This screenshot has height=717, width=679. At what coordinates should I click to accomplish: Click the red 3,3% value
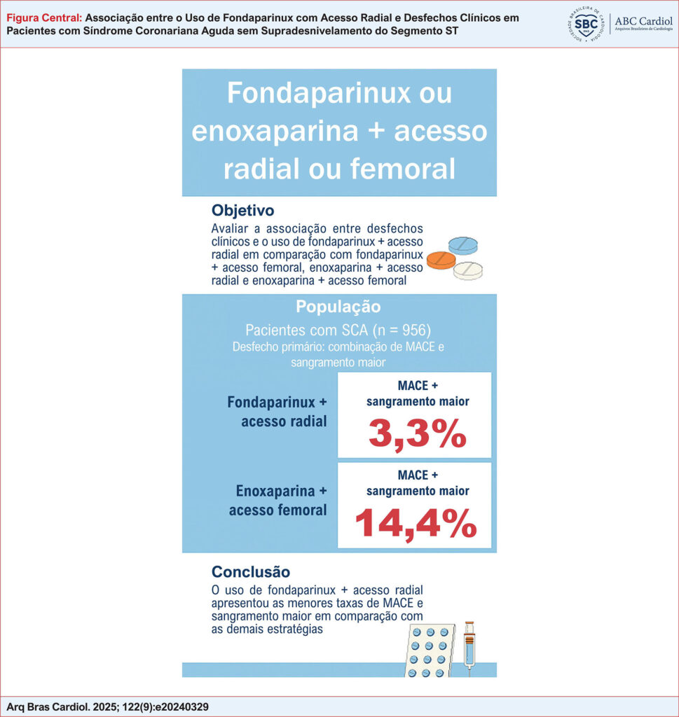pyautogui.click(x=417, y=434)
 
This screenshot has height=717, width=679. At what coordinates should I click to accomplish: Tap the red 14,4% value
pyautogui.click(x=416, y=523)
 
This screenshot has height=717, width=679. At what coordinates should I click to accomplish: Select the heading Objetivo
pyautogui.click(x=242, y=210)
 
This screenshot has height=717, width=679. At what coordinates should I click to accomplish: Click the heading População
pyautogui.click(x=338, y=307)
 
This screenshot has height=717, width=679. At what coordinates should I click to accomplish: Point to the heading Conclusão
pyautogui.click(x=250, y=572)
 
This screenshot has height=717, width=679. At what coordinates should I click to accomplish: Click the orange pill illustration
pyautogui.click(x=441, y=260)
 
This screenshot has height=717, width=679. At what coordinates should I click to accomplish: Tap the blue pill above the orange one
pyautogui.click(x=463, y=244)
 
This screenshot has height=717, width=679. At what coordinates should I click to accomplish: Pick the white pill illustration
pyautogui.click(x=469, y=270)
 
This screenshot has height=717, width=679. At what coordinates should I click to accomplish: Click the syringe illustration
pyautogui.click(x=469, y=647)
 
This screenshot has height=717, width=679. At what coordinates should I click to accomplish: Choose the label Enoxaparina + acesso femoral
pyautogui.click(x=277, y=500)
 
